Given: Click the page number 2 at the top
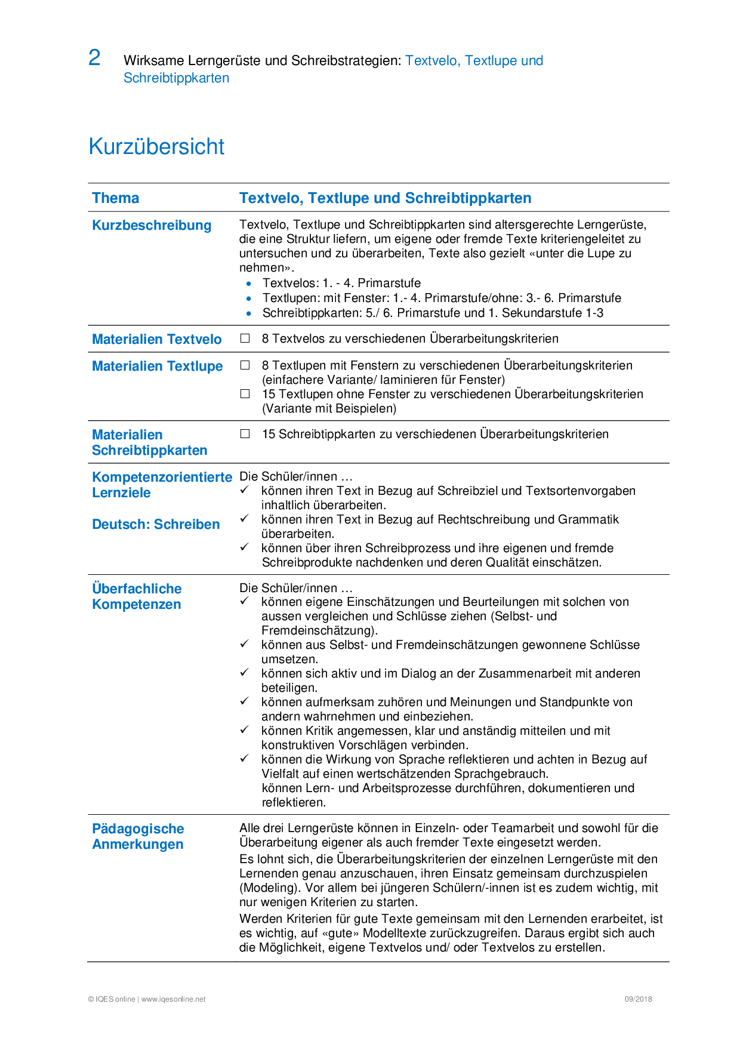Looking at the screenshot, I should (x=94, y=58).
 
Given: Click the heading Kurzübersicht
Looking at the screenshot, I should (x=156, y=147).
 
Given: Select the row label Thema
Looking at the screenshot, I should (x=116, y=198).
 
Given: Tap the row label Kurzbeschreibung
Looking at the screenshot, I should (x=152, y=226).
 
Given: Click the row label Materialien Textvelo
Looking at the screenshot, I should (x=157, y=339).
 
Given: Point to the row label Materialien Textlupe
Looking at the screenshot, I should (x=158, y=367).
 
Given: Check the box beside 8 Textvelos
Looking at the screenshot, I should (x=245, y=338).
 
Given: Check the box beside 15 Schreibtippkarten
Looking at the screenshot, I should (x=245, y=434).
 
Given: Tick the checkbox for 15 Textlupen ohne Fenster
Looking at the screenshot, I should (x=245, y=394).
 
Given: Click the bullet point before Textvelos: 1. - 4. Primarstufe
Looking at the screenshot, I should (x=249, y=284).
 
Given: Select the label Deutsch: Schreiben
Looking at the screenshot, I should (x=156, y=525).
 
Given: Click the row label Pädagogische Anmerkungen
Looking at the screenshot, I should (x=138, y=836).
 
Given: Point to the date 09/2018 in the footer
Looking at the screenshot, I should (x=638, y=999).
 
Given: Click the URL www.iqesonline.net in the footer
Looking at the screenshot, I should (x=173, y=999).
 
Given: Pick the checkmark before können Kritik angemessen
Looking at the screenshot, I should (x=244, y=730).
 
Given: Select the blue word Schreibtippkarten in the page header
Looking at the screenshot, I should (x=176, y=78).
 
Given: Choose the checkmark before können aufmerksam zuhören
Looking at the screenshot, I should (x=244, y=701).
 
